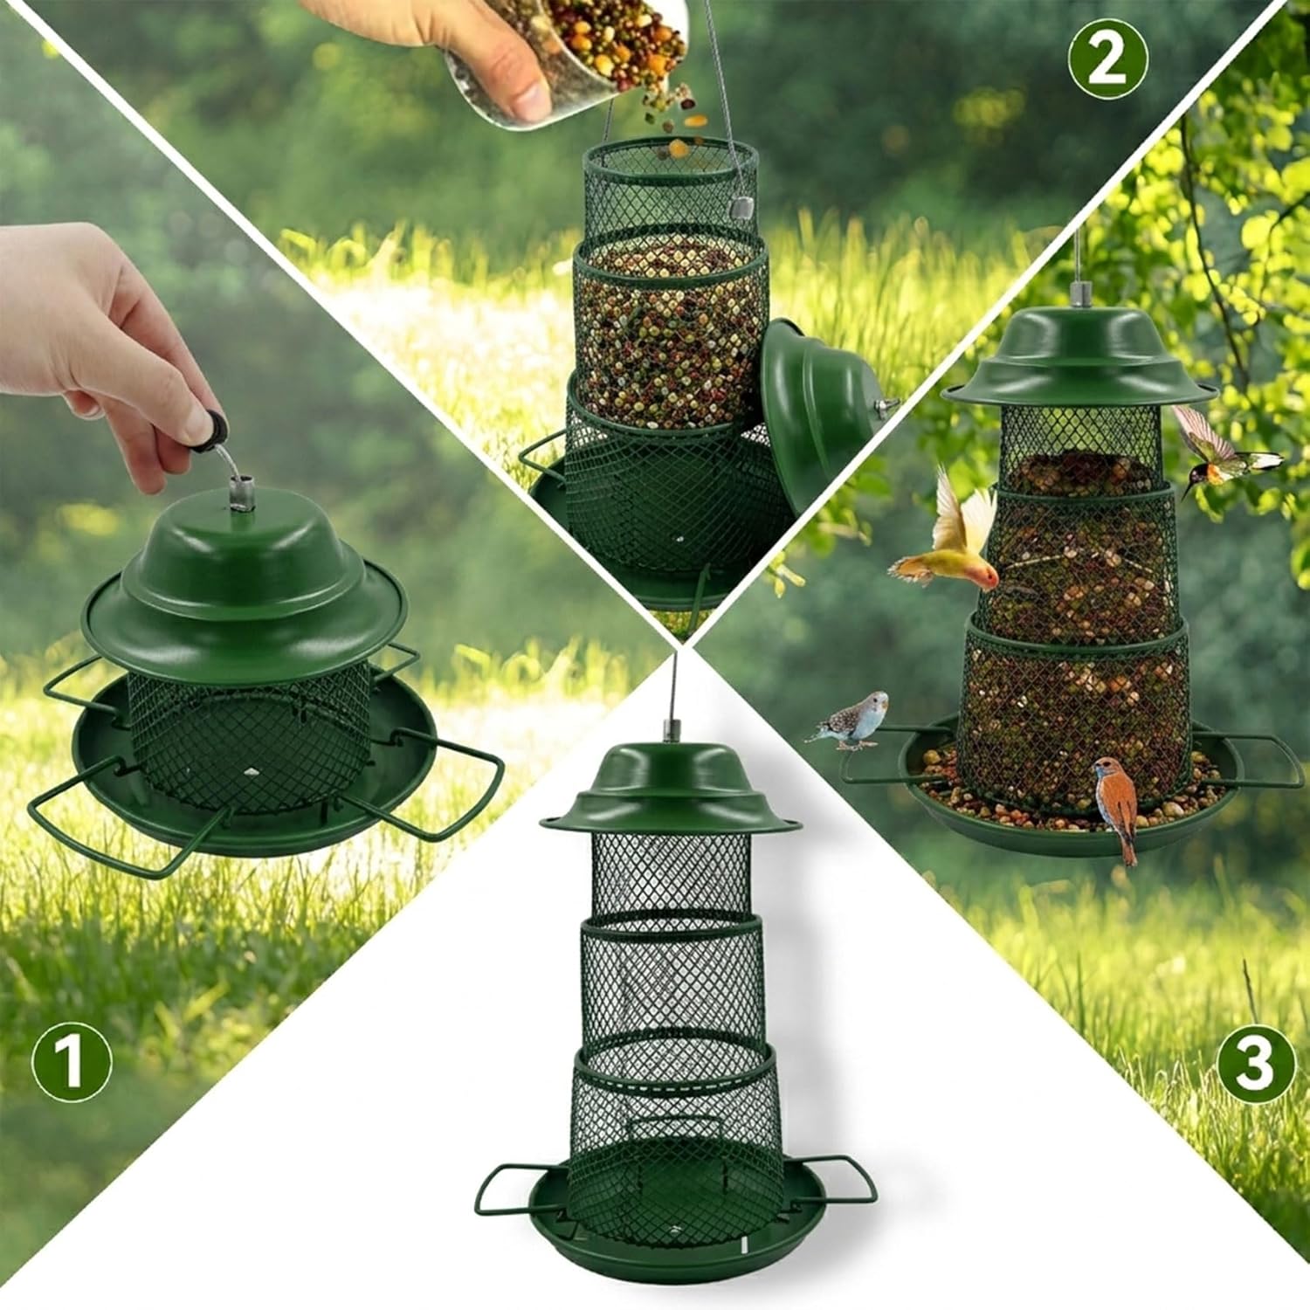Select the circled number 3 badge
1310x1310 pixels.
point(1255,1061)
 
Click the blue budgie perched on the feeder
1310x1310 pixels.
point(851,720)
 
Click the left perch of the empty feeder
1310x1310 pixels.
point(515,1188)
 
